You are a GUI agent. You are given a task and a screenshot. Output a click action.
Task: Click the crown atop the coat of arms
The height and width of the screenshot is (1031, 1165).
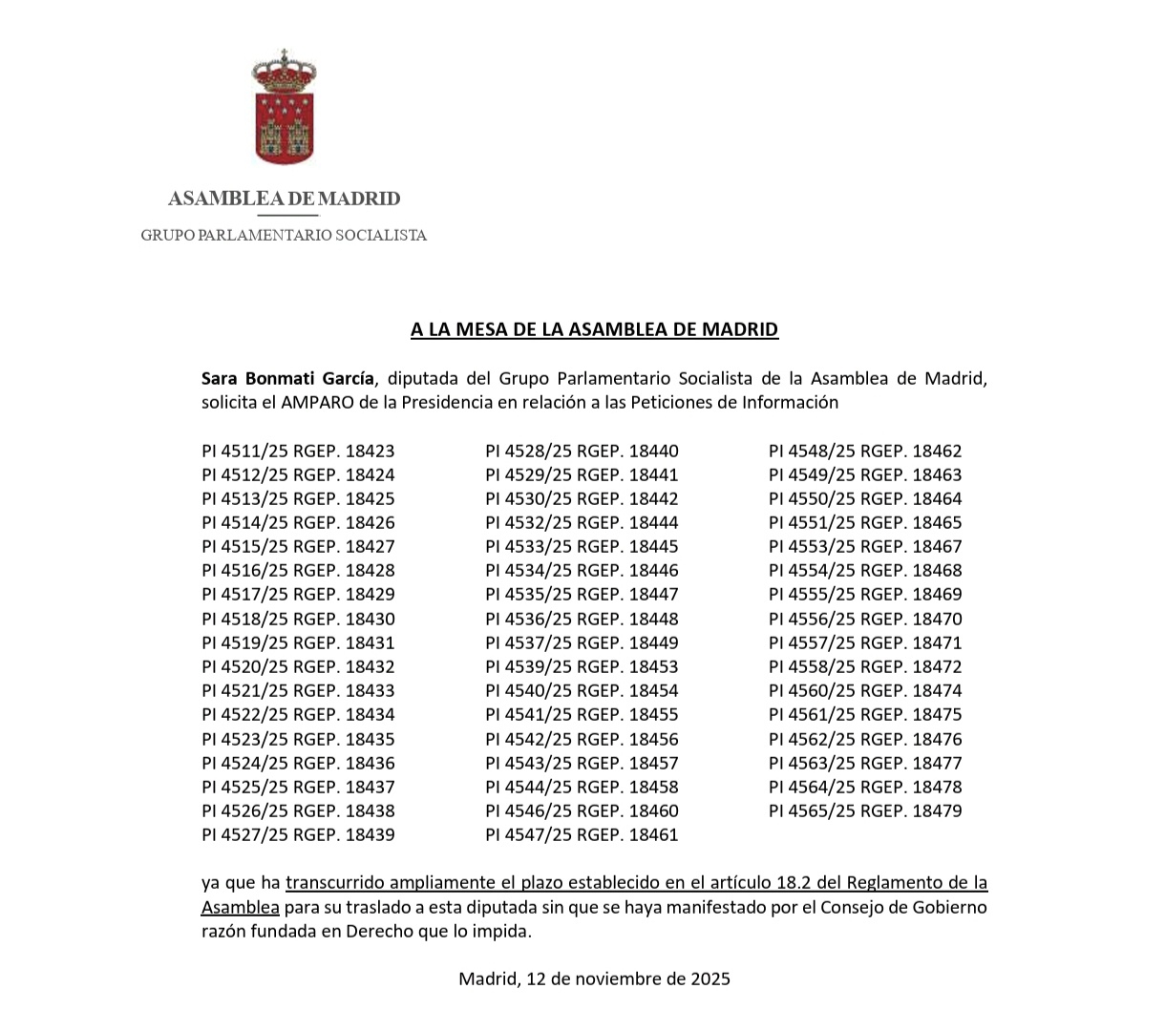coord(284,72)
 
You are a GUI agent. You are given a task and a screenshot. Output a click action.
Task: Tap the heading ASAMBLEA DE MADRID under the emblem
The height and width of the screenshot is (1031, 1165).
coord(284,199)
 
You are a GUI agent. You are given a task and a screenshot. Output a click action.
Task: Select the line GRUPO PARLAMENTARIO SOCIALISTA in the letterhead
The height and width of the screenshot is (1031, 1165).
coord(284,235)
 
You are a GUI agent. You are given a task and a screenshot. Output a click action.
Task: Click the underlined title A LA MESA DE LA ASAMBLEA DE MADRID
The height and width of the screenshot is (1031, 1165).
coord(594,329)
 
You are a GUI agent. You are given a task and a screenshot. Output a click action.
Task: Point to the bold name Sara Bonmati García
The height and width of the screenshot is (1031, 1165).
coord(287,378)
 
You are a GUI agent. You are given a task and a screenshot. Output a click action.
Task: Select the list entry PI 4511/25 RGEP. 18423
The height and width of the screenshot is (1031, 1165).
coord(298,451)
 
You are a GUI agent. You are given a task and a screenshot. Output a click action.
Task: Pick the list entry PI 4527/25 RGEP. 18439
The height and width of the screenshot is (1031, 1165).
coord(298,834)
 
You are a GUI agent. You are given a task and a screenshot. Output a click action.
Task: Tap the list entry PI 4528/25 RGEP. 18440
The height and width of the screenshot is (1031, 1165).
coord(582,451)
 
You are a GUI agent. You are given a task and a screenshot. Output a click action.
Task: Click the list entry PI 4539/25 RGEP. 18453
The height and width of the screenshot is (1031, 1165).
coord(582,666)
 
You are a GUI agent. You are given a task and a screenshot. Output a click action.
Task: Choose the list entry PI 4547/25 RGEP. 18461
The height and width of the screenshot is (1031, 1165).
coord(582,834)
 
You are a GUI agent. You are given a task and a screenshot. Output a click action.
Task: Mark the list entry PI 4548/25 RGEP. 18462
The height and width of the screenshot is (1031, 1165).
coord(865,451)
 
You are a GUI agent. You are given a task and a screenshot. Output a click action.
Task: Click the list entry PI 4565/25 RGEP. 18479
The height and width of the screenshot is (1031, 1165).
coord(865,810)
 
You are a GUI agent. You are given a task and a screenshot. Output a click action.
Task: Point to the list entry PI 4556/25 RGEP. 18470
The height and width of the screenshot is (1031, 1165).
coord(865,619)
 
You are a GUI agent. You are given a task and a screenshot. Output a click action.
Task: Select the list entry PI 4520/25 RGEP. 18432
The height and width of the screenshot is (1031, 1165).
coord(298,666)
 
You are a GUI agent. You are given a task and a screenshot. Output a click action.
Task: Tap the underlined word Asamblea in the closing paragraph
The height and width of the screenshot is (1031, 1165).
coord(240,907)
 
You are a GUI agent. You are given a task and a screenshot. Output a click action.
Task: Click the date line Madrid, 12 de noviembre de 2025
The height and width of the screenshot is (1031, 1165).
coord(594,978)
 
